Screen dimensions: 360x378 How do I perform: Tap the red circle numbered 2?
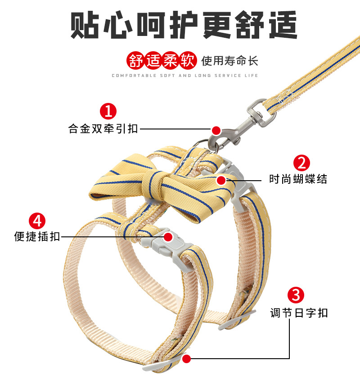301,162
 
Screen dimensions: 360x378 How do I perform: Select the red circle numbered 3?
296,295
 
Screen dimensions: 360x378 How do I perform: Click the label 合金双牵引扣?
103,129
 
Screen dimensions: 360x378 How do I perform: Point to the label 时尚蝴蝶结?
298,179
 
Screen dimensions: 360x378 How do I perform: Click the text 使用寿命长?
230,61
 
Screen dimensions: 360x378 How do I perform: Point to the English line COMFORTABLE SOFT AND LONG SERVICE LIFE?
185,76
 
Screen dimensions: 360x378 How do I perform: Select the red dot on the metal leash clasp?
216,130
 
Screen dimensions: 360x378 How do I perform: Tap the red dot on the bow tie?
220,180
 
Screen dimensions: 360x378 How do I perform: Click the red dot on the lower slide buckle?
187,358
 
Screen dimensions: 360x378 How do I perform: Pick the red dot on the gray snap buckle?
167,236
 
